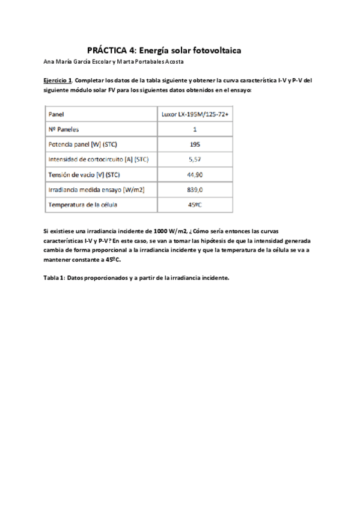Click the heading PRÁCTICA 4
pyautogui.click(x=108, y=51)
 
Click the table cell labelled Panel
pyautogui.click(x=56, y=114)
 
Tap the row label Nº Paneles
pyautogui.click(x=63, y=129)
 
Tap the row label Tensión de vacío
pyautogui.click(x=84, y=174)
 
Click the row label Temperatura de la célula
pyautogui.click(x=82, y=204)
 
